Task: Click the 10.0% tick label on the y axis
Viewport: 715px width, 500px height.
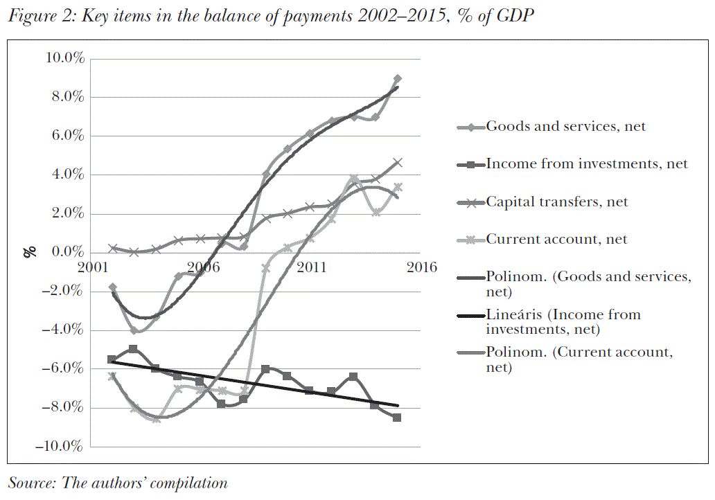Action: (63, 59)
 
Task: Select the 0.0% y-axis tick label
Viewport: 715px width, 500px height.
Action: (67, 253)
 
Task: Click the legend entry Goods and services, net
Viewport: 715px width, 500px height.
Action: (566, 126)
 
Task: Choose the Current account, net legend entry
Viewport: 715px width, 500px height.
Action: (556, 240)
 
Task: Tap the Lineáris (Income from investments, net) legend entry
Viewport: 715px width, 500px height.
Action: (563, 322)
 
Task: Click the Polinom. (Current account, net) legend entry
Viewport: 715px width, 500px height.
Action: (579, 359)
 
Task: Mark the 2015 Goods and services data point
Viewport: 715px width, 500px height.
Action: (397, 79)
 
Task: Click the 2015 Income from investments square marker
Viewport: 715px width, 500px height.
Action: (397, 418)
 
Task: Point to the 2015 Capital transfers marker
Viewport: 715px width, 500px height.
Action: (397, 163)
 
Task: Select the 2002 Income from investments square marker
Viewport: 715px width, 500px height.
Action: (112, 359)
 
